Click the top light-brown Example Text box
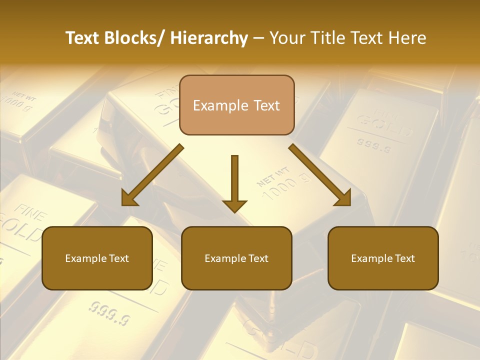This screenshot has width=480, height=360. [236, 105]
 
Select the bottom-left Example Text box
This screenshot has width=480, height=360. [97, 258]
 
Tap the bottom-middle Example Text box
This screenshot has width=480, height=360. [236, 258]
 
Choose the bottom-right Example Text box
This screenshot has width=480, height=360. [383, 258]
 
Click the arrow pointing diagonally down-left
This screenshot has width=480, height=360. [152, 175]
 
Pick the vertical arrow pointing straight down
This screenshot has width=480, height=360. [234, 182]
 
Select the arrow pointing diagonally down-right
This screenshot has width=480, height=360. [320, 175]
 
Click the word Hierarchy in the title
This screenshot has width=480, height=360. [209, 38]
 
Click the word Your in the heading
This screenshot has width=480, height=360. [286, 38]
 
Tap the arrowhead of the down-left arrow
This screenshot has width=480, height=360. [129, 198]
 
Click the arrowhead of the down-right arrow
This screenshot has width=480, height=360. [343, 198]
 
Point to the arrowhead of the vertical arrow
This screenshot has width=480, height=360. [234, 205]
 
